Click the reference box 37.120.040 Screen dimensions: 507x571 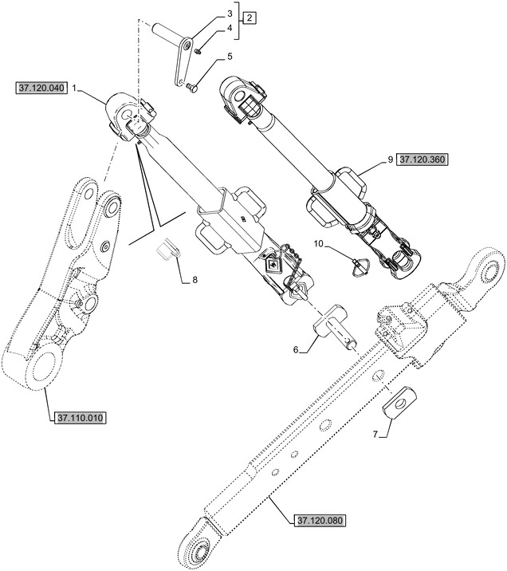pyautogui.click(x=41, y=89)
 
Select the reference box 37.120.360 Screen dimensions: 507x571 pyautogui.click(x=422, y=159)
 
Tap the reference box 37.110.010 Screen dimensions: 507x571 pyautogui.click(x=80, y=418)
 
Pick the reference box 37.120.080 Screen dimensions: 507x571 pyautogui.click(x=320, y=521)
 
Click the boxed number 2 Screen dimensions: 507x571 pyautogui.click(x=250, y=18)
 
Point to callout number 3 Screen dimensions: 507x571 pyautogui.click(x=230, y=14)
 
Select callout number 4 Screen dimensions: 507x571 pyautogui.click(x=230, y=28)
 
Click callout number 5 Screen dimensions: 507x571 pyautogui.click(x=230, y=57)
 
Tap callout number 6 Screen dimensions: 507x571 pyautogui.click(x=296, y=350)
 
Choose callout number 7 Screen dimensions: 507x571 pyautogui.click(x=375, y=434)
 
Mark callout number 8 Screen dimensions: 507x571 pyautogui.click(x=195, y=280)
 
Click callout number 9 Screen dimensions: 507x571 pyautogui.click(x=390, y=159)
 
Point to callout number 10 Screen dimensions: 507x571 pyautogui.click(x=318, y=243)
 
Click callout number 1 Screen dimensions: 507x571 pyautogui.click(x=74, y=89)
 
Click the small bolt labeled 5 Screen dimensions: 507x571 pyautogui.click(x=191, y=87)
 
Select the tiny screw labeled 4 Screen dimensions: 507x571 pyautogui.click(x=198, y=51)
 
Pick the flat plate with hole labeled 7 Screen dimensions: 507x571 pyautogui.click(x=400, y=402)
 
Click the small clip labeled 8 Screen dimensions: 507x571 pyautogui.click(x=168, y=250)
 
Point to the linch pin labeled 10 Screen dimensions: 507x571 pyautogui.click(x=361, y=266)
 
